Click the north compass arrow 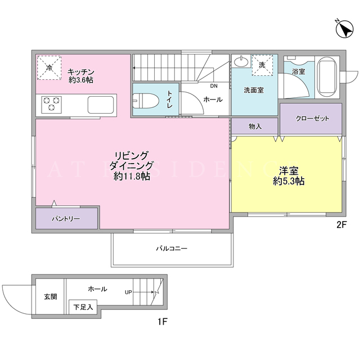(x=344, y=29)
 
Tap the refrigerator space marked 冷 (x=49, y=67)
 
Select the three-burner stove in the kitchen (x=51, y=105)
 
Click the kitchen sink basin (x=101, y=105)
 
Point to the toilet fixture (x=146, y=101)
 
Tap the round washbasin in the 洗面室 (x=241, y=61)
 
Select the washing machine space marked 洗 (x=262, y=65)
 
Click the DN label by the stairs (x=214, y=86)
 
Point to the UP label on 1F (x=128, y=292)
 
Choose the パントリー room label (x=66, y=219)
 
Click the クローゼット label (x=313, y=119)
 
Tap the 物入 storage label (x=255, y=126)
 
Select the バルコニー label (x=172, y=249)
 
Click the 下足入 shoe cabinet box (x=83, y=307)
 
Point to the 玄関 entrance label (x=51, y=297)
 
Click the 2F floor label (x=341, y=225)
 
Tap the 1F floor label (x=162, y=322)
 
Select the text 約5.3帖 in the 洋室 (x=289, y=181)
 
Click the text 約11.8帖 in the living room (x=132, y=176)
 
